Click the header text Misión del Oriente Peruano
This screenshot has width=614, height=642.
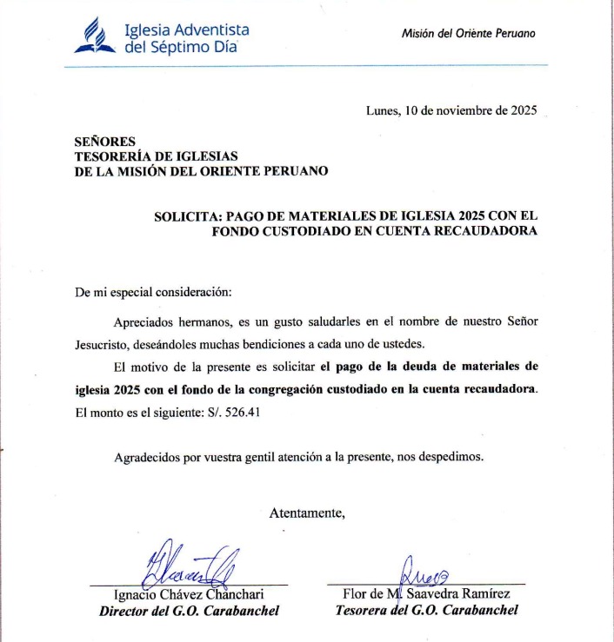pos(468,33)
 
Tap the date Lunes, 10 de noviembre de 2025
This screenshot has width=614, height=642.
pos(452,110)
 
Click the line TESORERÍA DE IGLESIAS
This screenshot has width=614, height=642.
pos(157,156)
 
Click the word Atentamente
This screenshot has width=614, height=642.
pos(307,513)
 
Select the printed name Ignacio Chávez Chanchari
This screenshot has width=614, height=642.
pos(189,595)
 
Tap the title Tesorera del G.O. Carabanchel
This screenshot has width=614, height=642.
pos(426,610)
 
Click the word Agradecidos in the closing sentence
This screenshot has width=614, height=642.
pos(147,456)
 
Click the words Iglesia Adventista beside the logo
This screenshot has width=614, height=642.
pos(187,30)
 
